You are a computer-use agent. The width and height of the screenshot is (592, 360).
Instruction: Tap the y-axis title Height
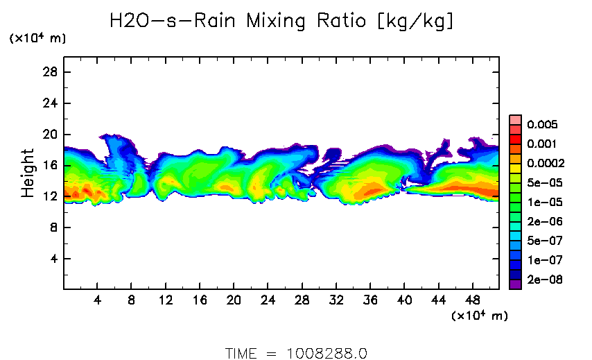pos(28,173)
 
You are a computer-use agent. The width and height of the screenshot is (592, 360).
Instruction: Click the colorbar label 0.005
pos(542,125)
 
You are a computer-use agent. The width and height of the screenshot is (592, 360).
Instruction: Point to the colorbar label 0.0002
pos(546,164)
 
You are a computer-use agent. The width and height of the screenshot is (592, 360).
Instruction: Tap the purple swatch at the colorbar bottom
pos(515,284)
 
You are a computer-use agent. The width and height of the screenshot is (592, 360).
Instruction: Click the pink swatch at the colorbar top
pos(515,119)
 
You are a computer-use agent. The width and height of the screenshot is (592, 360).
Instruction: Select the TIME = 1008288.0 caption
pos(296,353)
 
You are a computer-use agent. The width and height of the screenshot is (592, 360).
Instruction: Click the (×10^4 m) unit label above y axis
pos(37,39)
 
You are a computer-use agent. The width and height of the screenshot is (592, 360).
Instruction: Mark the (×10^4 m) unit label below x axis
pos(479,316)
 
